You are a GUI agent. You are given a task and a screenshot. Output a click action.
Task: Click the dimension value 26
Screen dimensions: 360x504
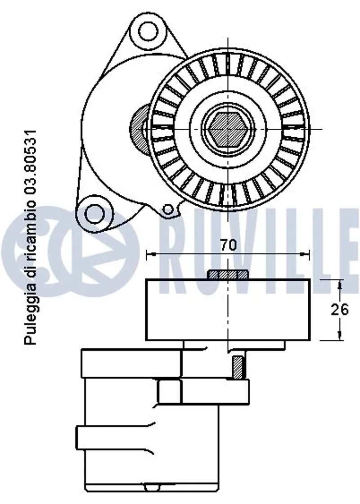click(x=340, y=310)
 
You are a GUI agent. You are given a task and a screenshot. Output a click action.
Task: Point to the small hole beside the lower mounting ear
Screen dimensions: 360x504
click(x=167, y=210)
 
